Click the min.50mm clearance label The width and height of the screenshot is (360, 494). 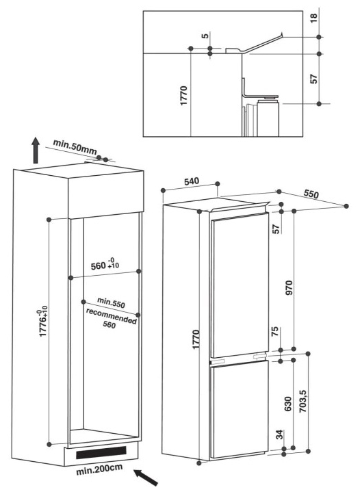[75, 147]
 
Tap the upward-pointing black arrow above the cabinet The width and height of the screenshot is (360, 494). [36, 151]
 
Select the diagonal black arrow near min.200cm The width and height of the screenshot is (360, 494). [146, 477]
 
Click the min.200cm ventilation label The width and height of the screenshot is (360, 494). [99, 469]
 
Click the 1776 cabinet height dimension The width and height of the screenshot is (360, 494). [43, 323]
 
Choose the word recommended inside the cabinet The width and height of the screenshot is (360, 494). [112, 316]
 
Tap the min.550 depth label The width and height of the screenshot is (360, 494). [111, 302]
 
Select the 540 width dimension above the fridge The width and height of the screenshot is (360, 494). [192, 181]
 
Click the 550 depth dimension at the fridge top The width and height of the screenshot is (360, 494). [311, 194]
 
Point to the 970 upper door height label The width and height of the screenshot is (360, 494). [288, 287]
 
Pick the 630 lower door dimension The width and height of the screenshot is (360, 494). [288, 404]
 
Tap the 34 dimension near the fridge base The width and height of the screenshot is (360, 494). [279, 435]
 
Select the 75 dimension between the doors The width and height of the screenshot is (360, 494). [275, 332]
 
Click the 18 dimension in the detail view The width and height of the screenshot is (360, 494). [314, 17]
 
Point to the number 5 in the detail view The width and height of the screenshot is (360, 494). [205, 36]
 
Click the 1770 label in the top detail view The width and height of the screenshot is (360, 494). [184, 96]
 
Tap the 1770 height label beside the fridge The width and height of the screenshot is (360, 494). [196, 339]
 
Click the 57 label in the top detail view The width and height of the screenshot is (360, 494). [313, 79]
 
